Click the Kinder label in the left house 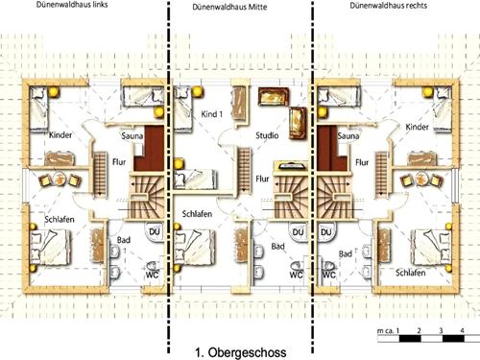pos(59,135)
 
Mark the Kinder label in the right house pos(418,126)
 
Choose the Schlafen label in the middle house pos(197,213)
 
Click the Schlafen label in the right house pos(410,272)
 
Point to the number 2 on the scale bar pos(418,331)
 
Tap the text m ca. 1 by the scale pos(386,331)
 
